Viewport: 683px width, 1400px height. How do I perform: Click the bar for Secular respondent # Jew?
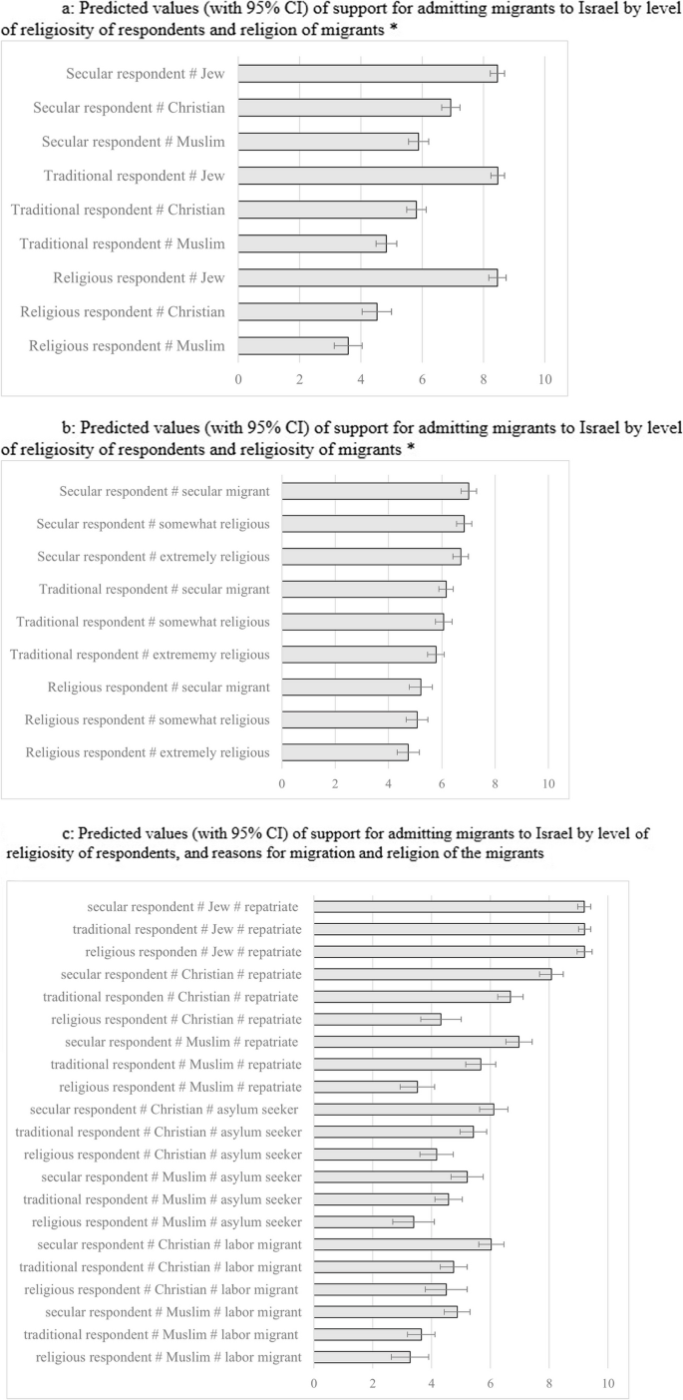pyautogui.click(x=367, y=74)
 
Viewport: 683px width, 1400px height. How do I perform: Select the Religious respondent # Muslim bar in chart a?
pyautogui.click(x=293, y=346)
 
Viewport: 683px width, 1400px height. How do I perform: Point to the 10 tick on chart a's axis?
pyautogui.click(x=544, y=379)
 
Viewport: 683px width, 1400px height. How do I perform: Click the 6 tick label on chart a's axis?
pyautogui.click(x=422, y=379)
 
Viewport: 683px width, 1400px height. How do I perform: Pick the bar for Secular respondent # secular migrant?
pyautogui.click(x=375, y=491)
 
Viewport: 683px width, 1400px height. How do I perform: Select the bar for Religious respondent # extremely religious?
pyautogui.click(x=345, y=752)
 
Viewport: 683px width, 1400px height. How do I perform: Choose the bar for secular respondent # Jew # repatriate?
pyautogui.click(x=449, y=906)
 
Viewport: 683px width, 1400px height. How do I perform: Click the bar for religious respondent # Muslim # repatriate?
pyautogui.click(x=366, y=1086)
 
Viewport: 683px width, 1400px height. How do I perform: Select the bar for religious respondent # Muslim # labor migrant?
pyautogui.click(x=362, y=1357)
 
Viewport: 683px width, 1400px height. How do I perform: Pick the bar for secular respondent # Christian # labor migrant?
pyautogui.click(x=403, y=1244)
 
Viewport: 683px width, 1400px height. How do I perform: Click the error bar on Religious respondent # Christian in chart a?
pyautogui.click(x=377, y=312)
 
